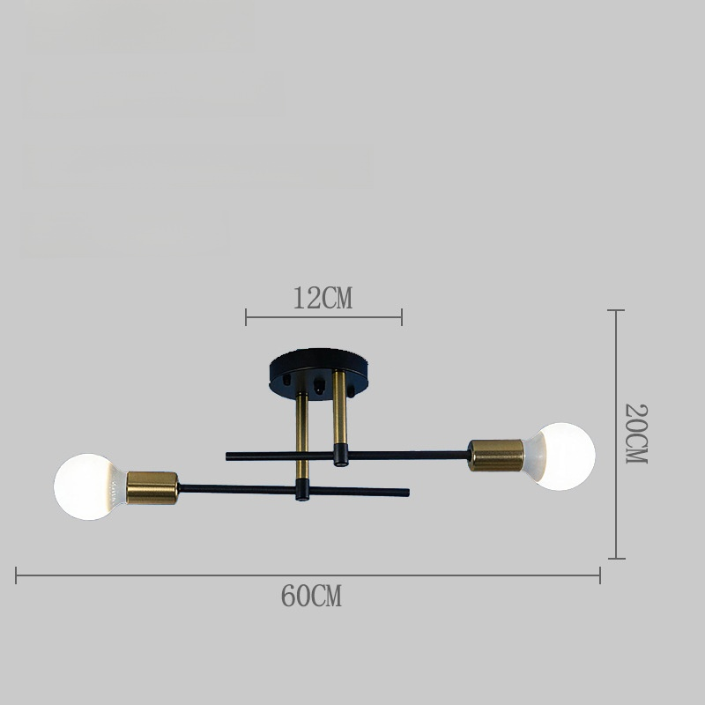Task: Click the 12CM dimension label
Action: [323, 298]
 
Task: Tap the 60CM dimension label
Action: [311, 596]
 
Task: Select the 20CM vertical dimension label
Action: [636, 434]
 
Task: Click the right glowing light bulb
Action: [560, 456]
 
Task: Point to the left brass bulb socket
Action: [152, 488]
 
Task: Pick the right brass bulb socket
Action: [496, 456]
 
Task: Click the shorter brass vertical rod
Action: [339, 407]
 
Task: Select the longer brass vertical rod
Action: [302, 435]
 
